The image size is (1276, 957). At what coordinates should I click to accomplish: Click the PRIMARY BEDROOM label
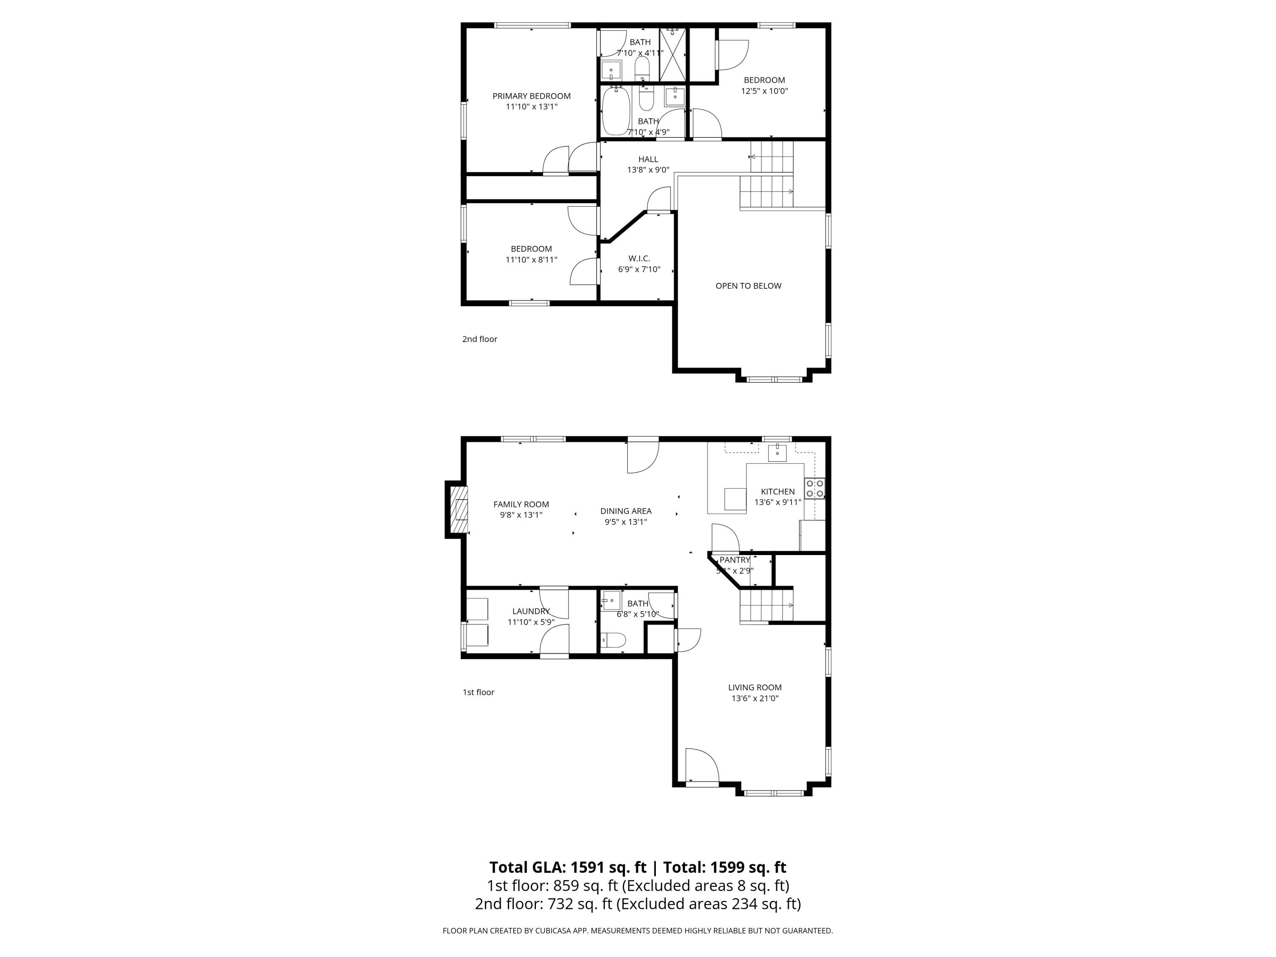(x=531, y=96)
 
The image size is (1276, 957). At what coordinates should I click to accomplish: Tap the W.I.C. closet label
(x=639, y=259)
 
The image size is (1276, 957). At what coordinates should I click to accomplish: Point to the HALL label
(x=648, y=159)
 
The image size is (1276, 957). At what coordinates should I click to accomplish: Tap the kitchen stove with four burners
(x=815, y=489)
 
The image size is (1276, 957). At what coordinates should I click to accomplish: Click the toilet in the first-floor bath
(x=613, y=640)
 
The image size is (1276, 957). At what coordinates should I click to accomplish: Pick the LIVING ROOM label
(x=755, y=688)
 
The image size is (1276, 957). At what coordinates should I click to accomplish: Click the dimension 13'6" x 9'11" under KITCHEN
(x=778, y=502)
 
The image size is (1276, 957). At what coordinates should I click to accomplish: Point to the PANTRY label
(x=734, y=560)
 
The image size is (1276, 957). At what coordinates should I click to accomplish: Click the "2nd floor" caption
(x=479, y=339)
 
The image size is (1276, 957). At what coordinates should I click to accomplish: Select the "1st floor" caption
(x=478, y=692)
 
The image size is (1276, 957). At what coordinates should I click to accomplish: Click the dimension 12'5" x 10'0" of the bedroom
(x=764, y=91)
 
